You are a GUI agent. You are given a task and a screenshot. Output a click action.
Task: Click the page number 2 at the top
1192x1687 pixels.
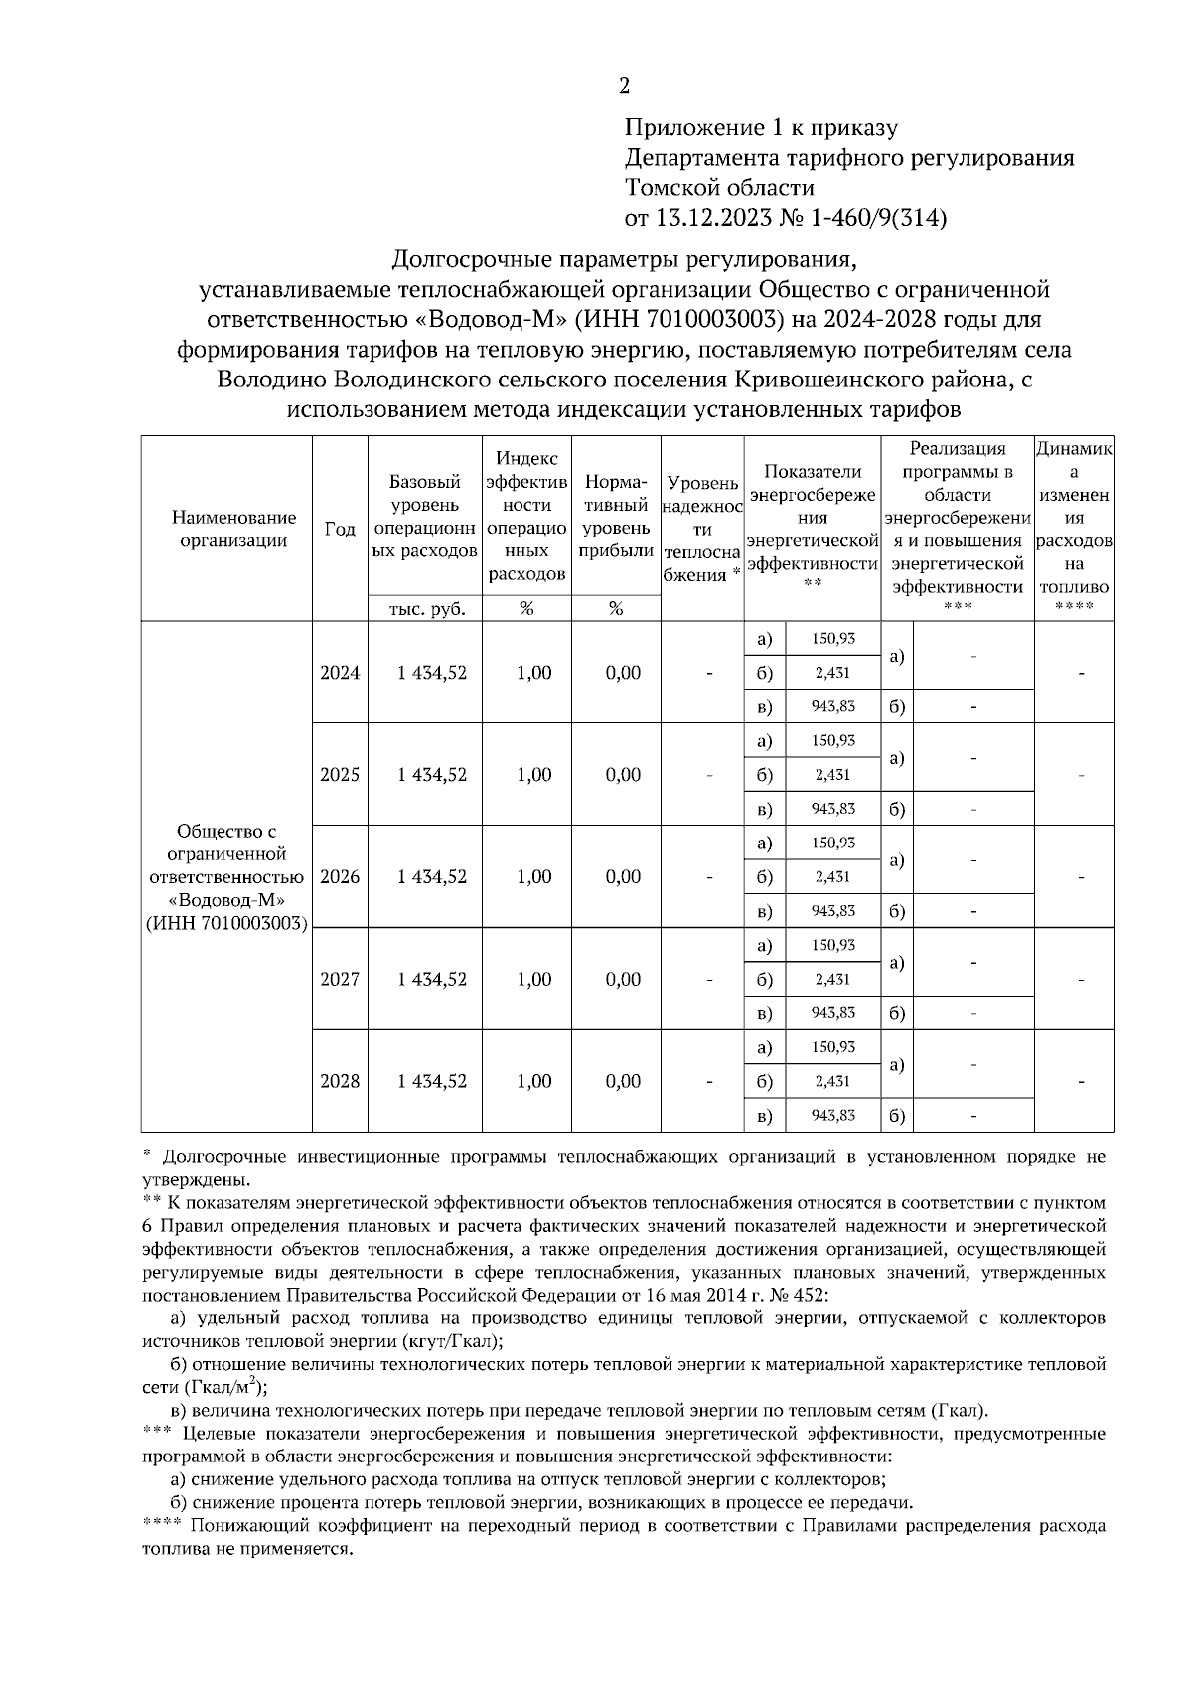coord(624,86)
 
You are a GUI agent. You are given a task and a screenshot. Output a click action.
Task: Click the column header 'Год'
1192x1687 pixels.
coord(340,529)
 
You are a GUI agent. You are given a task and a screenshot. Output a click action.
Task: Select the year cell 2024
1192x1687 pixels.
coord(340,673)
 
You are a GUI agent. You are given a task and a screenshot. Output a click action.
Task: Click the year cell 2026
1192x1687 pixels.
coord(340,877)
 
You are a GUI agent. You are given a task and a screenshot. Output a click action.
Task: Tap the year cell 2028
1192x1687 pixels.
coord(340,1081)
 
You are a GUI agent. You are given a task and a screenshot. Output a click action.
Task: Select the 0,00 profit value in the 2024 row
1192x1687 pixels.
coord(623,673)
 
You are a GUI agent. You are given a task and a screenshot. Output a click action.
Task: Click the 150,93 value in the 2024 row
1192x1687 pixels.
coord(832,639)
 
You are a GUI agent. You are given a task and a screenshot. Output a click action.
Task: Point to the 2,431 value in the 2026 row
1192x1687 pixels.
coord(832,877)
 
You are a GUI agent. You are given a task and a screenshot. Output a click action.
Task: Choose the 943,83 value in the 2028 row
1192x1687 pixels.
coord(832,1115)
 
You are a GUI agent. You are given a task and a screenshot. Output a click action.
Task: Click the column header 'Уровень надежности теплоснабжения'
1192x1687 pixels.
coord(702,529)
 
